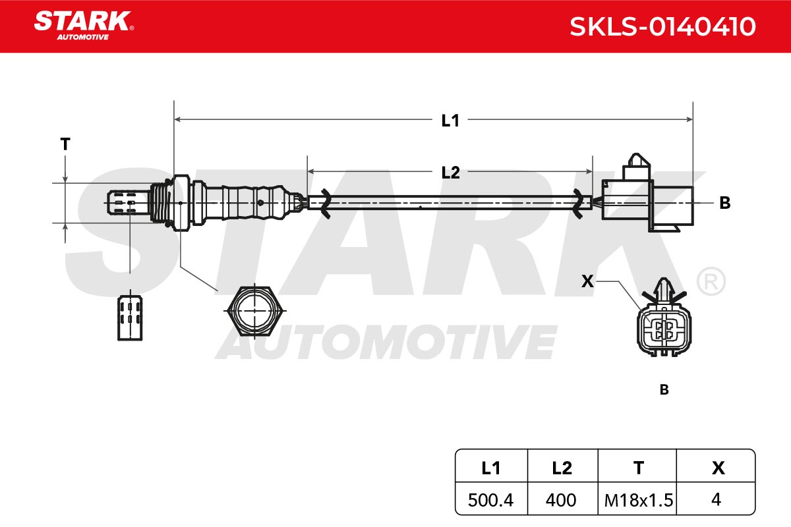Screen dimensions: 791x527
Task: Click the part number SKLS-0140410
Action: [x=662, y=26]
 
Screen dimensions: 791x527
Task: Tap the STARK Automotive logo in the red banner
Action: [x=84, y=26]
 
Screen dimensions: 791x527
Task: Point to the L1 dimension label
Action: [x=450, y=121]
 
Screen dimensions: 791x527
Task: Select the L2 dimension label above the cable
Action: [x=451, y=173]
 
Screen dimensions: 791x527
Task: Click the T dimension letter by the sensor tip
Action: [x=65, y=144]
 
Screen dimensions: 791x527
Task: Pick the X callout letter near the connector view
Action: [x=587, y=281]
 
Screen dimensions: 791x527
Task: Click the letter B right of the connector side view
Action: [x=725, y=203]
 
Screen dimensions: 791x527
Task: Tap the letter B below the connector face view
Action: [x=664, y=390]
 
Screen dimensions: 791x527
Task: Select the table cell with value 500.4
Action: [x=490, y=500]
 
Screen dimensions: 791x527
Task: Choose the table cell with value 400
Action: [x=562, y=500]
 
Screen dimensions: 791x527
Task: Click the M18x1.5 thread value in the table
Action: [x=639, y=500]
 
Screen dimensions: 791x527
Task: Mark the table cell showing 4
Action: [x=716, y=500]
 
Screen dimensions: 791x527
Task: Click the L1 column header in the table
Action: [x=491, y=468]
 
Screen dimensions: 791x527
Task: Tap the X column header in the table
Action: [x=718, y=468]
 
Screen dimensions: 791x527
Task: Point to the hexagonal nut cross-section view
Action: [x=254, y=311]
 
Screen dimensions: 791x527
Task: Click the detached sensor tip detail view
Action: [x=130, y=316]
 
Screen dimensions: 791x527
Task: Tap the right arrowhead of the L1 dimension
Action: [x=689, y=119]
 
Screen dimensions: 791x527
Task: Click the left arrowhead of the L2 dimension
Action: [x=310, y=171]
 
